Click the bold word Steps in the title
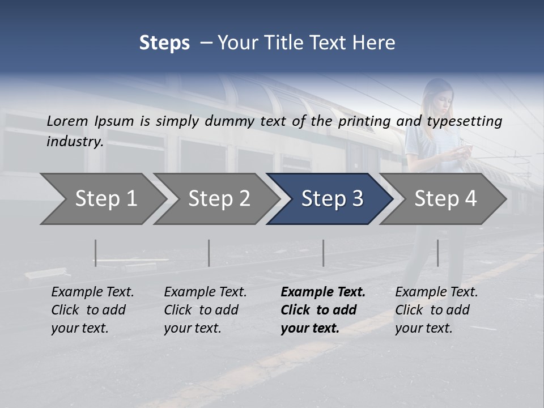point(164,43)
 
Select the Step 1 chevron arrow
point(102,199)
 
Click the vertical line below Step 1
point(95,253)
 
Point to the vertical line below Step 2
point(209,253)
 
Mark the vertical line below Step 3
point(323,253)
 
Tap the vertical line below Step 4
point(437,253)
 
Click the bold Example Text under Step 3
point(323,310)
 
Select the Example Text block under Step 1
point(92,310)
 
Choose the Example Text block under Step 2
point(205,310)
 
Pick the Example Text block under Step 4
point(436,310)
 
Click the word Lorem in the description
point(67,121)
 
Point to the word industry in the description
point(75,142)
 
